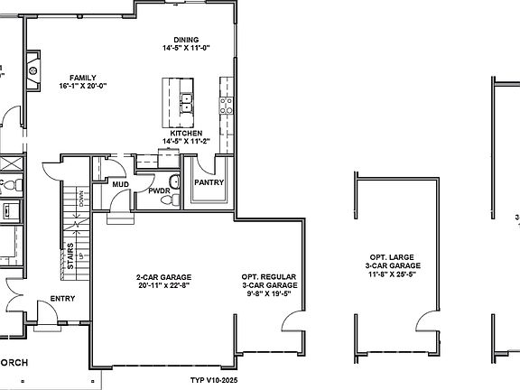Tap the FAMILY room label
coord(83,78)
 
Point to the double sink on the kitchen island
coord(187,101)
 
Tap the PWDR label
coord(160,191)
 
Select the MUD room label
coord(121,184)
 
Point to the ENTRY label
coord(62,299)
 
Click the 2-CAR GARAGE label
coord(164,277)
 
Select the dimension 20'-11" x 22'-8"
coord(164,286)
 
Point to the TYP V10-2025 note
coord(220,380)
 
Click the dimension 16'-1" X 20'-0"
coord(83,87)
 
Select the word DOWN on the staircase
coord(82,199)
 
